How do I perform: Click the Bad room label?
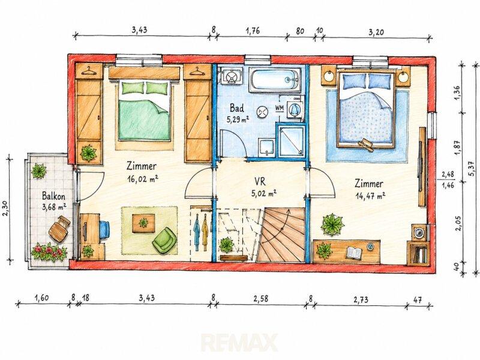(237, 108)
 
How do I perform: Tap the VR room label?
(260, 182)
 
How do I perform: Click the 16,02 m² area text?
(142, 179)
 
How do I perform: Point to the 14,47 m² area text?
(370, 196)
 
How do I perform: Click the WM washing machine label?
(279, 107)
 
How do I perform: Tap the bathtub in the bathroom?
(275, 79)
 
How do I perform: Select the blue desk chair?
(104, 229)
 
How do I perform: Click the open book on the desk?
(353, 252)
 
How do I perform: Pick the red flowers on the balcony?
(49, 252)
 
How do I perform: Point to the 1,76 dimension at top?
(253, 31)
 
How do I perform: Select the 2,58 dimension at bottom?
(260, 298)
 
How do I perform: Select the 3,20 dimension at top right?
(376, 32)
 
